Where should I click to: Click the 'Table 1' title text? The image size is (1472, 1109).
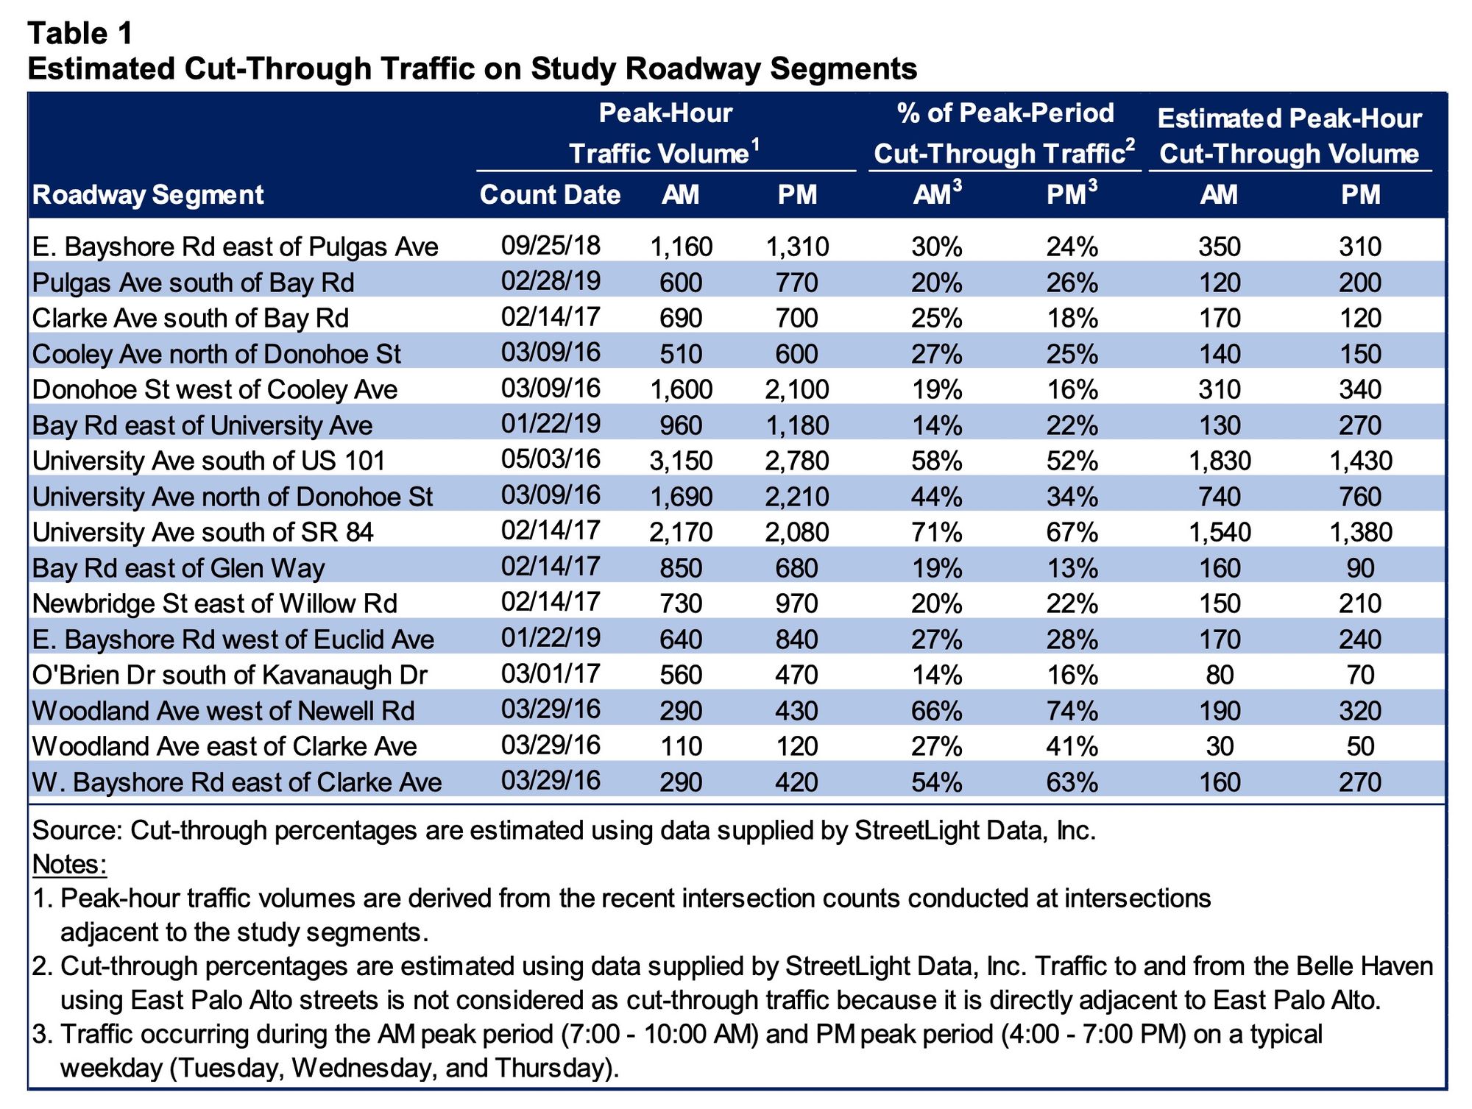[81, 33]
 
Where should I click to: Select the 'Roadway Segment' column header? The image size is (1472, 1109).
[148, 195]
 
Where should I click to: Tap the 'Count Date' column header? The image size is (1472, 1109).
[550, 195]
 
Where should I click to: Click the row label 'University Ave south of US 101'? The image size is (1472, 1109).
[209, 461]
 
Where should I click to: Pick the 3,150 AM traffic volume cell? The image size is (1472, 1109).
[681, 461]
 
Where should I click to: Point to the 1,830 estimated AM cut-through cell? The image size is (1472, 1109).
[1220, 461]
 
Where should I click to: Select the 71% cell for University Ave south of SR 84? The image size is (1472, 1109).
[937, 532]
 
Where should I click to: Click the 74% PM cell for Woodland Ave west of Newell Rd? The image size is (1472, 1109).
[1072, 711]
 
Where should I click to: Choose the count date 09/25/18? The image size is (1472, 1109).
[551, 245]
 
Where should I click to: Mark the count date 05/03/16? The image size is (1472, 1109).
[551, 459]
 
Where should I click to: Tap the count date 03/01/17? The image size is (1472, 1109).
[551, 673]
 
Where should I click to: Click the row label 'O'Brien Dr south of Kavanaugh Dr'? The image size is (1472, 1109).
[230, 675]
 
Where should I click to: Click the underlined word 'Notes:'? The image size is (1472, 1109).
[70, 864]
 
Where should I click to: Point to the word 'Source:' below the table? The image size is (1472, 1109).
[77, 830]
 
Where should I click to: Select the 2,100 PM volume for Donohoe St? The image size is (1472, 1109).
[797, 389]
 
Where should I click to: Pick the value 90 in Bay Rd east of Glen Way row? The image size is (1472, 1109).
[1360, 568]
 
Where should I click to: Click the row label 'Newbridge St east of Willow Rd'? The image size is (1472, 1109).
[215, 603]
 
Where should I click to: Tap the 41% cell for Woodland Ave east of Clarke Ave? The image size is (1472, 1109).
[1072, 746]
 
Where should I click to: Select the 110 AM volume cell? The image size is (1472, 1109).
[681, 746]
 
